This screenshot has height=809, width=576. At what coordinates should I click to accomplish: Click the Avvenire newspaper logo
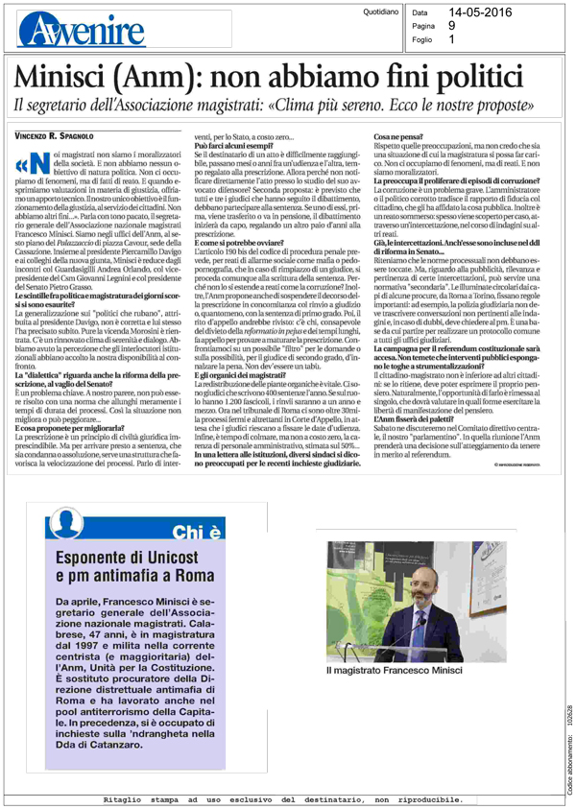[x=67, y=26]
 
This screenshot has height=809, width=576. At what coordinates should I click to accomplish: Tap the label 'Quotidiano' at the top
[x=374, y=12]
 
